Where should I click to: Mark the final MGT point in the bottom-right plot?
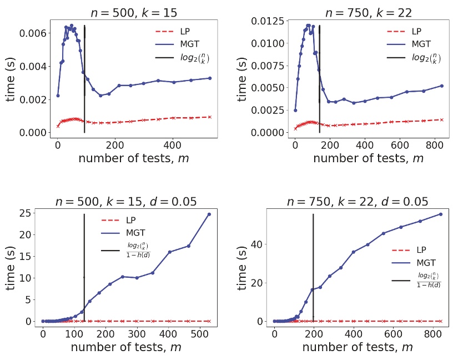coord(440,214)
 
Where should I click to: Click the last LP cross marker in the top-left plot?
coord(210,117)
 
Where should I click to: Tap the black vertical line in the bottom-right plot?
coord(313,267)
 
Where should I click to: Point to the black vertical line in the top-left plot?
coord(84,78)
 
